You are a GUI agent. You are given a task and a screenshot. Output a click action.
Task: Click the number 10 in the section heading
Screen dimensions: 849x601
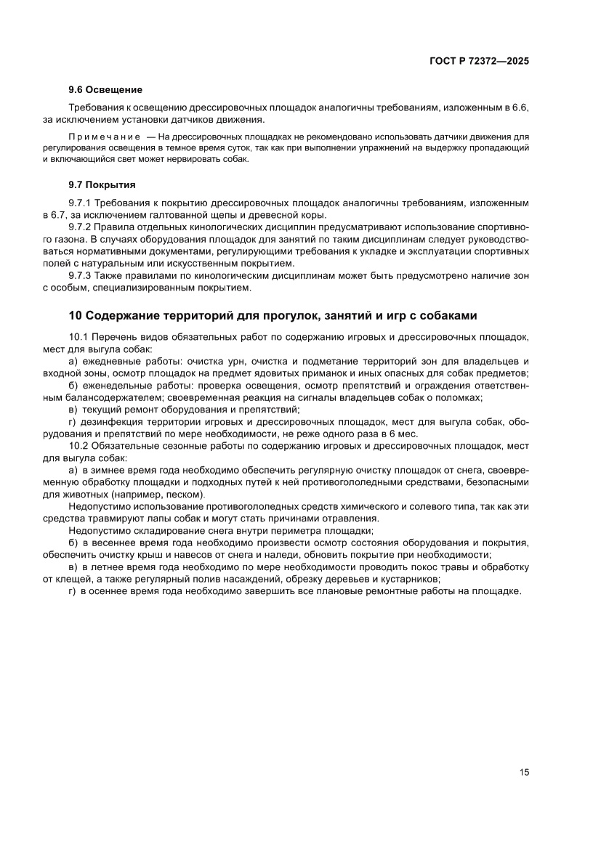point(76,315)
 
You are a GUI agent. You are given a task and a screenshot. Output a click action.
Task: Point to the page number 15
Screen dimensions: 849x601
point(524,772)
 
